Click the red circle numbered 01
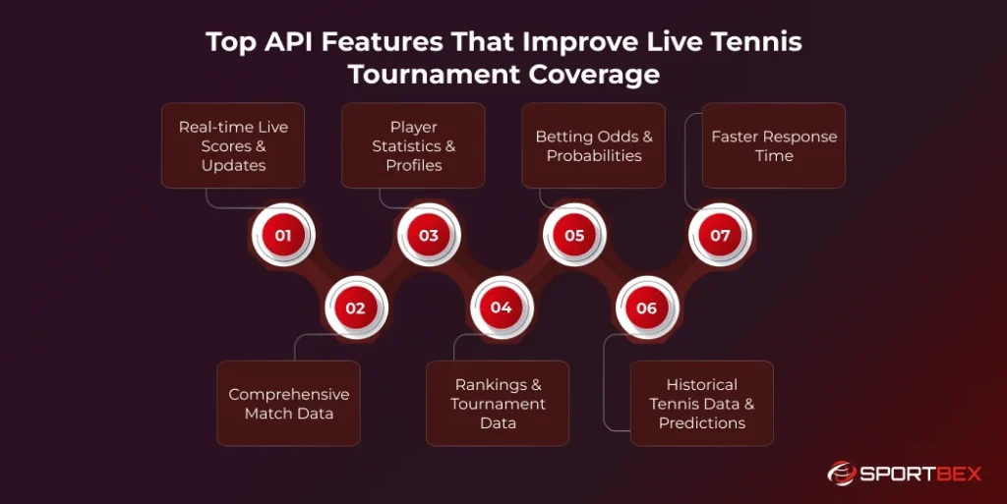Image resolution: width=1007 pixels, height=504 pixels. pyautogui.click(x=283, y=236)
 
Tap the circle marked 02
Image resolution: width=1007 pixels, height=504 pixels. pyautogui.click(x=355, y=308)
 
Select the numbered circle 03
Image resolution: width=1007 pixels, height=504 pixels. pyautogui.click(x=429, y=236)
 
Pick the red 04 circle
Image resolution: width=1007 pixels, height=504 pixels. pyautogui.click(x=501, y=308)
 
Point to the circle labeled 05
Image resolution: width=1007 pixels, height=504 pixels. pyautogui.click(x=574, y=236)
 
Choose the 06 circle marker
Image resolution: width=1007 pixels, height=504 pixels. pyautogui.click(x=646, y=308)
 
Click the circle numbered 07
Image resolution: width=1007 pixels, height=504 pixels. pyautogui.click(x=720, y=236)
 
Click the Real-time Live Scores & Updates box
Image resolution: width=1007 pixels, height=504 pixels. pyautogui.click(x=233, y=145)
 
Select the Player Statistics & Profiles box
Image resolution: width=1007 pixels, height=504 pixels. pyautogui.click(x=413, y=145)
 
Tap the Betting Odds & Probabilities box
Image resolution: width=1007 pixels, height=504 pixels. pyautogui.click(x=593, y=145)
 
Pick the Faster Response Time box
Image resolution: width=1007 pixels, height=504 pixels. pyautogui.click(x=774, y=145)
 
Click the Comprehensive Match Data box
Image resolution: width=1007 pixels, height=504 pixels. pyautogui.click(x=288, y=404)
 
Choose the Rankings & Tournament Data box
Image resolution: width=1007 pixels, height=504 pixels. pyautogui.click(x=498, y=404)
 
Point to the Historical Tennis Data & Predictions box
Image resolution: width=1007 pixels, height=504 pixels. pyautogui.click(x=702, y=404)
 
